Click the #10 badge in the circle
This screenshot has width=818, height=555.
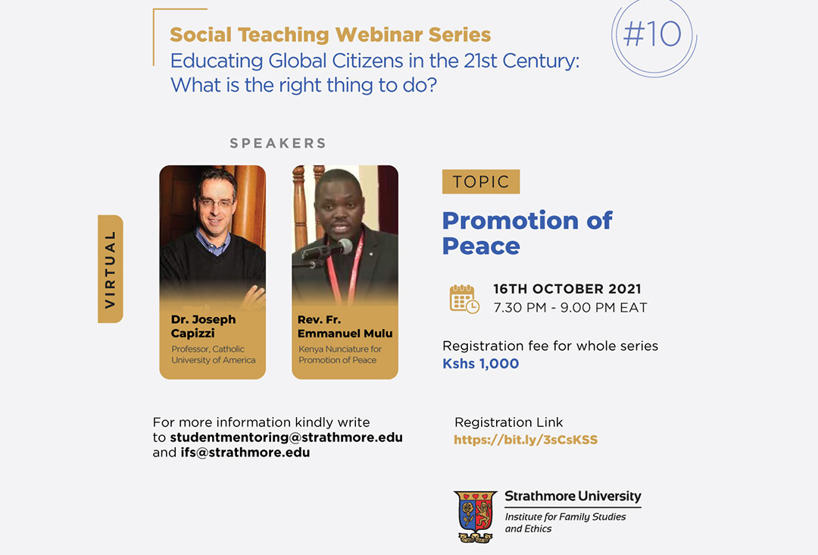tap(653, 34)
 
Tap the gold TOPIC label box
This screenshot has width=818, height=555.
tap(480, 182)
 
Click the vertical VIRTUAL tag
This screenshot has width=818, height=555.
tap(110, 269)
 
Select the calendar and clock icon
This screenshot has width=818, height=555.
tap(464, 299)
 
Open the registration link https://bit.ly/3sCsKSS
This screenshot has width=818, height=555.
tap(526, 440)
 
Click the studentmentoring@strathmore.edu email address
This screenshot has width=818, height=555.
tap(286, 437)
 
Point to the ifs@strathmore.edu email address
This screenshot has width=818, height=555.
tap(245, 452)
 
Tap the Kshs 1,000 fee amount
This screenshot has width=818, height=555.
tap(480, 363)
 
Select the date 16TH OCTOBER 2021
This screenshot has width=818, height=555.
tap(567, 289)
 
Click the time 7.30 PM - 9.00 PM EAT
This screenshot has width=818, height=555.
tap(570, 308)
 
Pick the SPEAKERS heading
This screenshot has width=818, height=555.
tap(278, 143)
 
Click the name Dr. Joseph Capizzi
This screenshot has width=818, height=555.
tap(204, 326)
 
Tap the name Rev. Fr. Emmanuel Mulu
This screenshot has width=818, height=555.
tap(345, 326)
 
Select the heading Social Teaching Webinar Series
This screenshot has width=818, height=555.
tap(330, 34)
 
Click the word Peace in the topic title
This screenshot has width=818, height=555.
tap(481, 246)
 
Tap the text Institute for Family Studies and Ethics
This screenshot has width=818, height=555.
tap(565, 522)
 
